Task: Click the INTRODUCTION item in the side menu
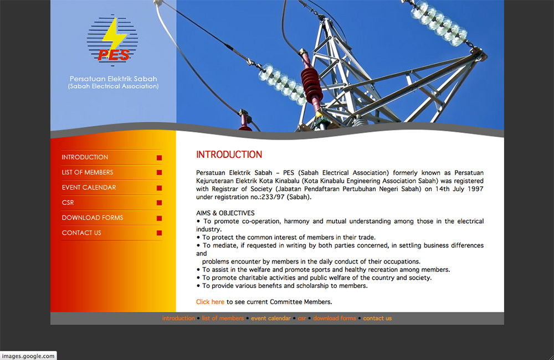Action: click(x=85, y=157)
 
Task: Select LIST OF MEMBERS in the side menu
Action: click(x=88, y=172)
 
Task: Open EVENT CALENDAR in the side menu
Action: click(x=89, y=188)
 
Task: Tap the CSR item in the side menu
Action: click(x=68, y=203)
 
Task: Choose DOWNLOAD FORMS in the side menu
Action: click(x=92, y=218)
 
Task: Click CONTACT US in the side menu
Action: click(x=81, y=233)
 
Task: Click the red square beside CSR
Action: click(x=160, y=203)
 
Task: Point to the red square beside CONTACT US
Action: click(x=160, y=233)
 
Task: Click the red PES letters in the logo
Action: click(x=114, y=55)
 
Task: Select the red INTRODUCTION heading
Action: click(x=229, y=155)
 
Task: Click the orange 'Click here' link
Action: click(x=210, y=302)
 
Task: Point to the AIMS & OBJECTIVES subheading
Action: click(x=225, y=213)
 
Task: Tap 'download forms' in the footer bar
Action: click(x=335, y=318)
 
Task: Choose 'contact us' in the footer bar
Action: click(x=377, y=318)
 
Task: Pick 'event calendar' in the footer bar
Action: click(x=271, y=318)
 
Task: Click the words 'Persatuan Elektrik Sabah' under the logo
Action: click(x=113, y=79)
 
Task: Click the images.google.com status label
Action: click(x=28, y=356)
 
